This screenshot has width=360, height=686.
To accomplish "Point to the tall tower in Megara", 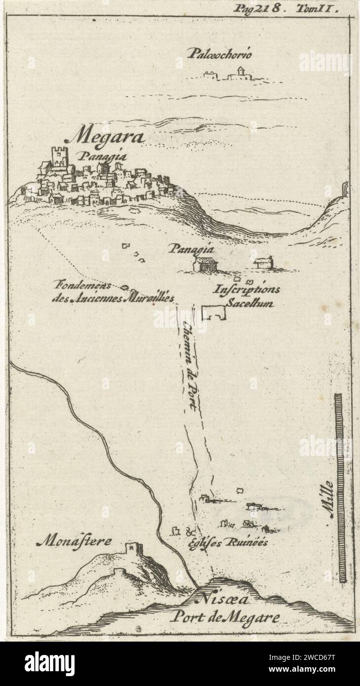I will click(59, 157).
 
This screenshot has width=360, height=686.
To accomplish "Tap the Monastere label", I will click(74, 542).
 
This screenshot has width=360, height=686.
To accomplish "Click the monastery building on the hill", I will click(133, 548).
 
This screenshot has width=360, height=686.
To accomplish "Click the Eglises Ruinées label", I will click(228, 542).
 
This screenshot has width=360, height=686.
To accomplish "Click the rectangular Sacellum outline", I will click(213, 312).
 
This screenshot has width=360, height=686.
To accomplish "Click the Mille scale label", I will click(330, 498).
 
